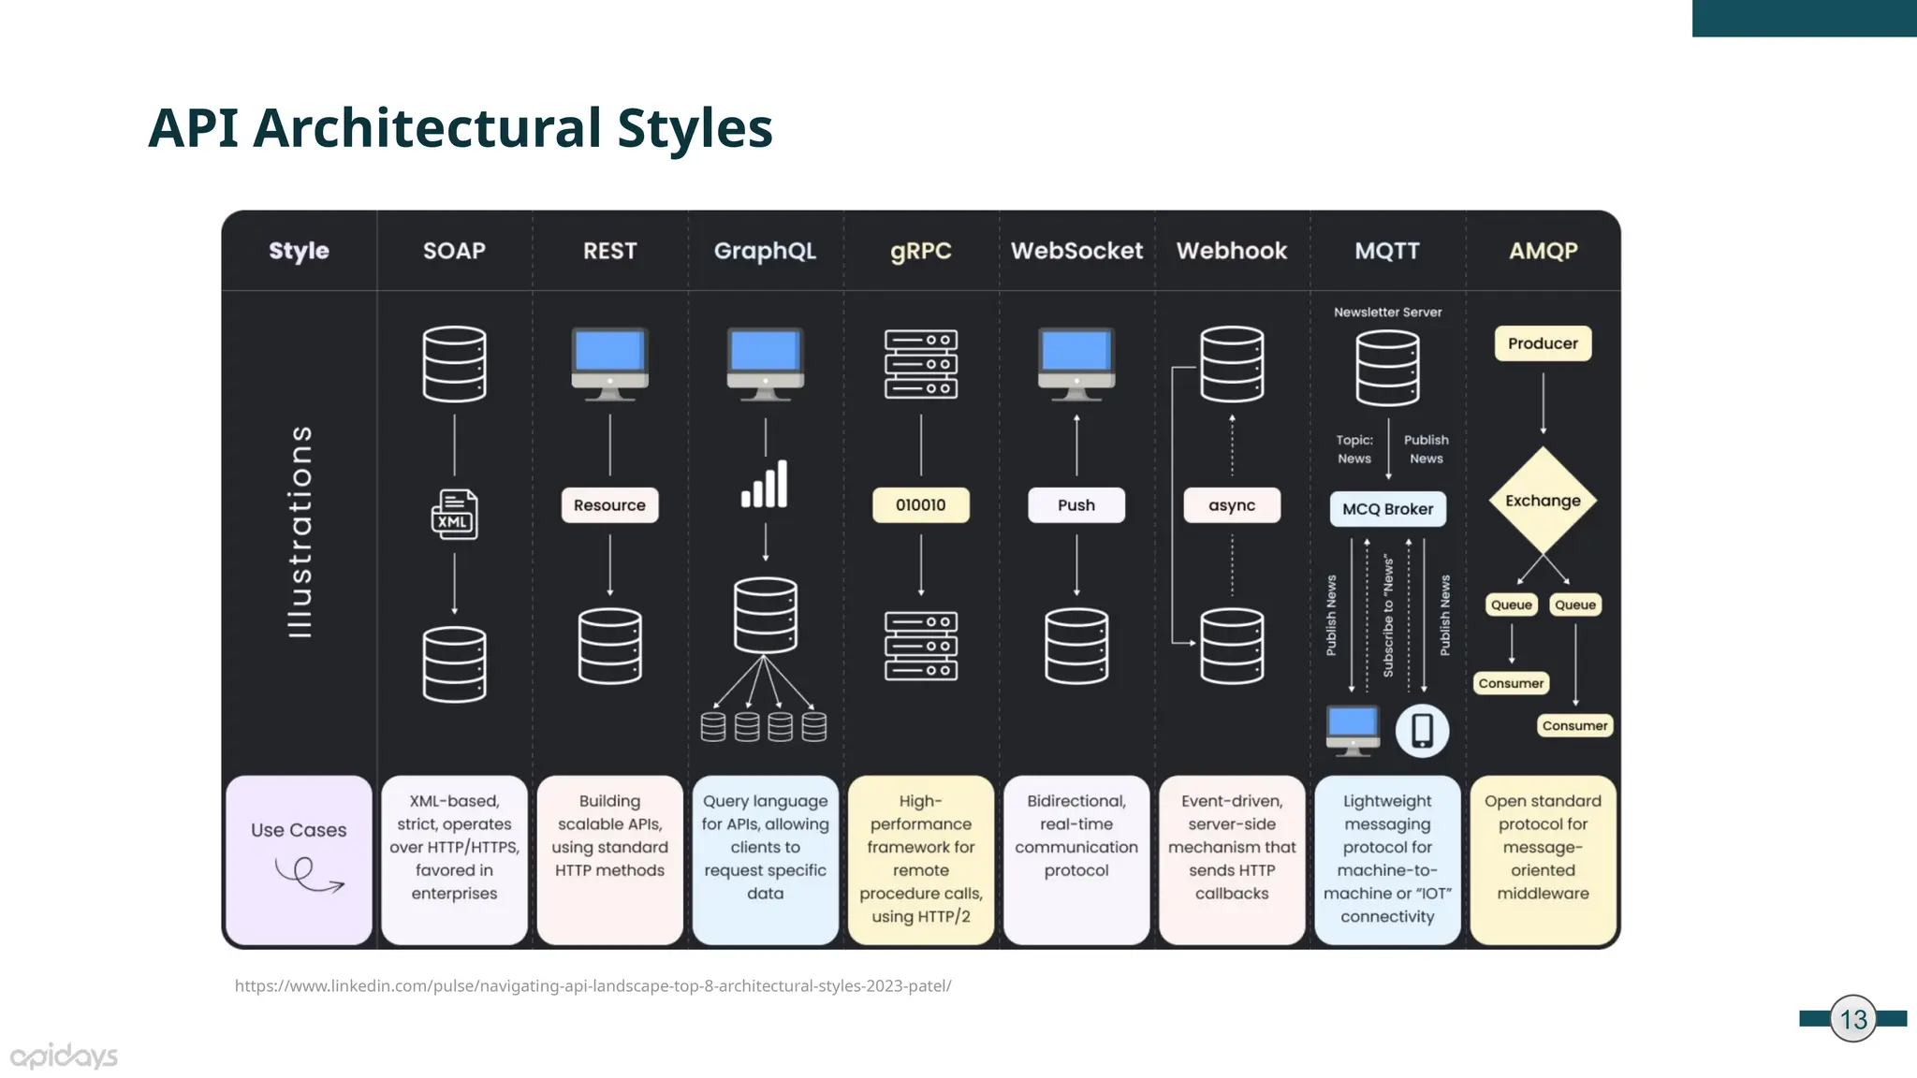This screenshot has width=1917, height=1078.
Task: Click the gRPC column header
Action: (x=920, y=251)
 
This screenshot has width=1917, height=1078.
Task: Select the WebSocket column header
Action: (x=1076, y=251)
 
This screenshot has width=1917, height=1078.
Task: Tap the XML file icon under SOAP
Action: (x=454, y=515)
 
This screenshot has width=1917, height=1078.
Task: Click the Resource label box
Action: (x=609, y=505)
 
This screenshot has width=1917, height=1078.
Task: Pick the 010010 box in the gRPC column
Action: (x=920, y=505)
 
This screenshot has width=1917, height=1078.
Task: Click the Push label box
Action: (x=1076, y=505)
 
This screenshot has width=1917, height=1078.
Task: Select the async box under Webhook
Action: (x=1232, y=505)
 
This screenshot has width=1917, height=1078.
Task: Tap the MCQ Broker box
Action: (x=1387, y=509)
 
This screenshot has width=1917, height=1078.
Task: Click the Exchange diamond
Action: (x=1543, y=501)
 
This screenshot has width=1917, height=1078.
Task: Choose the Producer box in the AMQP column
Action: (x=1543, y=343)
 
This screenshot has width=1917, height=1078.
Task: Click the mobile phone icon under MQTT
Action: (x=1422, y=731)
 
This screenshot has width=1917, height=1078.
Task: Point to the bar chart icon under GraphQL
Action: (x=765, y=485)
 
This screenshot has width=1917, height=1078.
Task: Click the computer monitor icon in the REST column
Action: (x=609, y=363)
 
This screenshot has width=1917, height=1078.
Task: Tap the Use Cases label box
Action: (x=299, y=859)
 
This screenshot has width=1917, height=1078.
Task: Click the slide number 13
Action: (x=1853, y=1019)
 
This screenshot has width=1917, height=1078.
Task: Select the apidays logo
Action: (x=64, y=1056)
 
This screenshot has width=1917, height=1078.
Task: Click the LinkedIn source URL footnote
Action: (x=593, y=985)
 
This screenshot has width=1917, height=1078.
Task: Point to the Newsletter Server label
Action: (x=1387, y=313)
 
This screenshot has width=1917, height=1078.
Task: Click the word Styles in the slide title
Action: (x=695, y=128)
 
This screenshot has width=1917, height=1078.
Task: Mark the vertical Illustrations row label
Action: (x=300, y=532)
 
